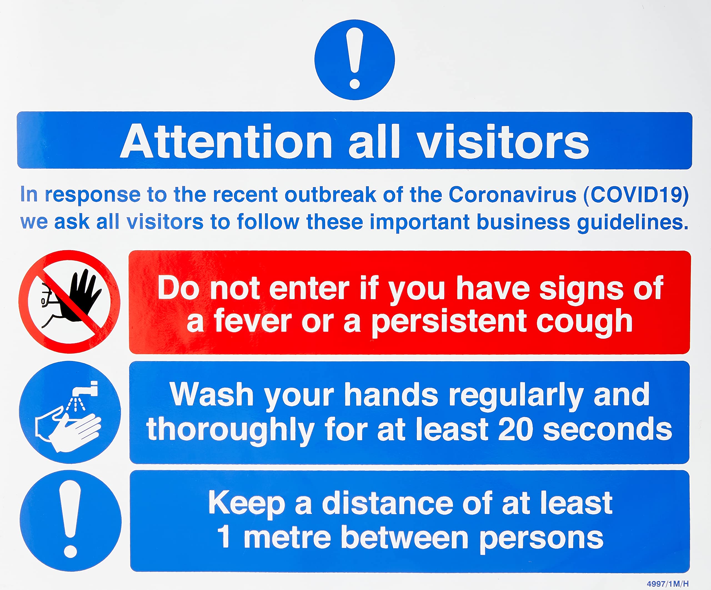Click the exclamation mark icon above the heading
click(x=354, y=60)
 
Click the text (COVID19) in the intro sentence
click(x=636, y=195)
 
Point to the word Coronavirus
click(x=512, y=195)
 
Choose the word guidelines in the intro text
click(x=632, y=223)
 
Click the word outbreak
click(x=331, y=195)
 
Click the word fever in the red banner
click(x=252, y=322)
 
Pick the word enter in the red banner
click(x=309, y=289)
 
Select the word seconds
click(x=607, y=429)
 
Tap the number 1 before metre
click(x=224, y=538)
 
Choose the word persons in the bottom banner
click(x=541, y=538)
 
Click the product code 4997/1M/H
click(x=668, y=584)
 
